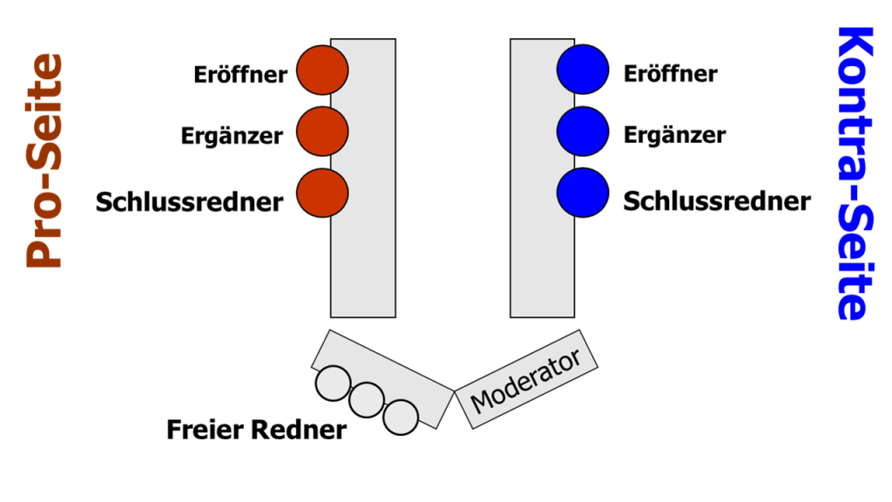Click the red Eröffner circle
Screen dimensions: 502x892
point(322,71)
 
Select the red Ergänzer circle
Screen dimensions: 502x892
point(322,132)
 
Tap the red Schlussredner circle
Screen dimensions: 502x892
point(322,193)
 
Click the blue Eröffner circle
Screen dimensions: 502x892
point(583,69)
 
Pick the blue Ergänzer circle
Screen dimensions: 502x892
point(583,131)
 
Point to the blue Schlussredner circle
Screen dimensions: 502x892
point(583,193)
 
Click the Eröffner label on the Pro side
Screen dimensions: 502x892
point(240,75)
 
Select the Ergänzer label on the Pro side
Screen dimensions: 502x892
point(232,137)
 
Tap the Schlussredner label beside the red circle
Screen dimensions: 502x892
point(189,202)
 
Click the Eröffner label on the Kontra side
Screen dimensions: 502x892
point(671,73)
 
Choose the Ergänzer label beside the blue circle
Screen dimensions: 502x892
point(674,135)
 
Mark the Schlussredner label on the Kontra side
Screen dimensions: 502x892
point(717,201)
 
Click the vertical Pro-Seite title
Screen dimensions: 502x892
point(44,161)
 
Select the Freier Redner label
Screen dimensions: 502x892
point(256,430)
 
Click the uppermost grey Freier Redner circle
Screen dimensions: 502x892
point(333,383)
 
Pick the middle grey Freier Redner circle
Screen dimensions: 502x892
point(367,400)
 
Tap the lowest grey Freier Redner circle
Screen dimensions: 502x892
point(401,417)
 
